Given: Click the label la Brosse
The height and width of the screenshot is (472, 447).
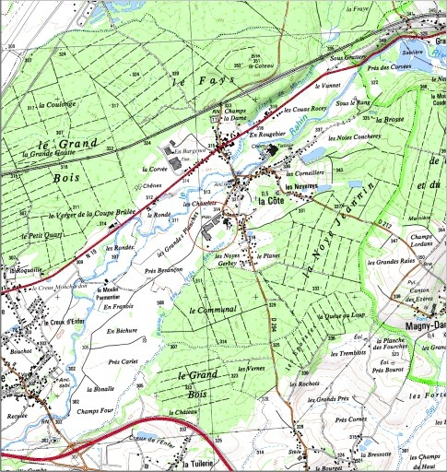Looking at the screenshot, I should click(391, 121).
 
